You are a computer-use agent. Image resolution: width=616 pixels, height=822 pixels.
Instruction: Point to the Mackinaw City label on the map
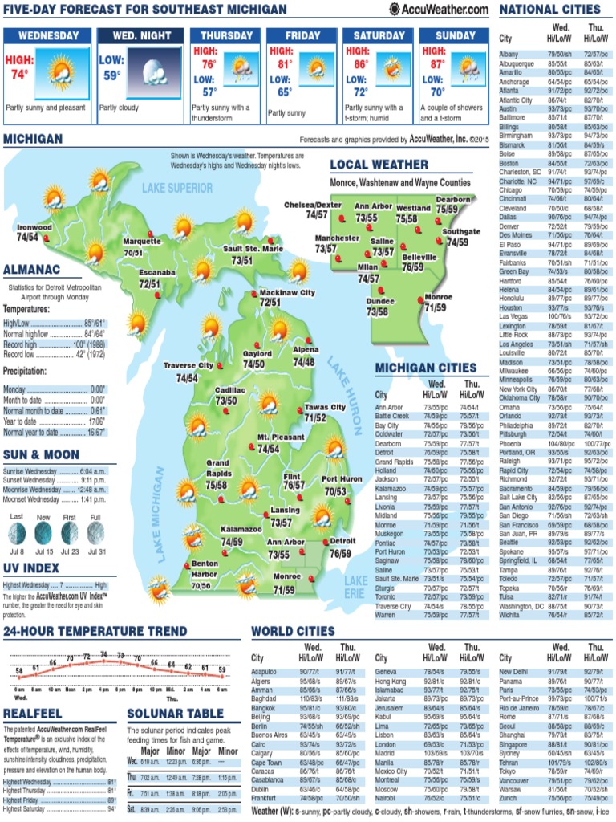pyautogui.click(x=287, y=293)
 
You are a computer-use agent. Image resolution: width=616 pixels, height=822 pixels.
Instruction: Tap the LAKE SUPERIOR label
pyautogui.click(x=178, y=188)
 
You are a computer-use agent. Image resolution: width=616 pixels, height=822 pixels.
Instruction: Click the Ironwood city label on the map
pyautogui.click(x=34, y=227)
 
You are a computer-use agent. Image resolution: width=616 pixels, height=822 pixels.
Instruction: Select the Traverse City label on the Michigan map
pyautogui.click(x=188, y=366)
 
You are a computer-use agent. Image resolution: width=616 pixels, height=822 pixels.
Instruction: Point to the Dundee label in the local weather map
pyautogui.click(x=380, y=301)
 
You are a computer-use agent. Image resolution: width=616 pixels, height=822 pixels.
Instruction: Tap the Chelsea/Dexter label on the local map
pyautogui.click(x=312, y=205)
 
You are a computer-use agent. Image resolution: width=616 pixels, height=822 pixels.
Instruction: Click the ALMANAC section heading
pyautogui.click(x=31, y=269)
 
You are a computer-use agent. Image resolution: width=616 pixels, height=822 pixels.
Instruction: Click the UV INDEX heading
pyautogui.click(x=31, y=568)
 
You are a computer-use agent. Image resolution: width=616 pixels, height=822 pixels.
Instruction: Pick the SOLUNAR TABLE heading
pyautogui.click(x=176, y=714)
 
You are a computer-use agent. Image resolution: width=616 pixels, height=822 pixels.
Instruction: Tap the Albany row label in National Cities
pyautogui.click(x=509, y=54)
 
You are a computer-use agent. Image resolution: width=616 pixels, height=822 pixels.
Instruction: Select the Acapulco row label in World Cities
pyautogui.click(x=264, y=672)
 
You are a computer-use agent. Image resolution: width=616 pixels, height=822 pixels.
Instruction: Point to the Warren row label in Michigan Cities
pyautogui.click(x=386, y=616)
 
